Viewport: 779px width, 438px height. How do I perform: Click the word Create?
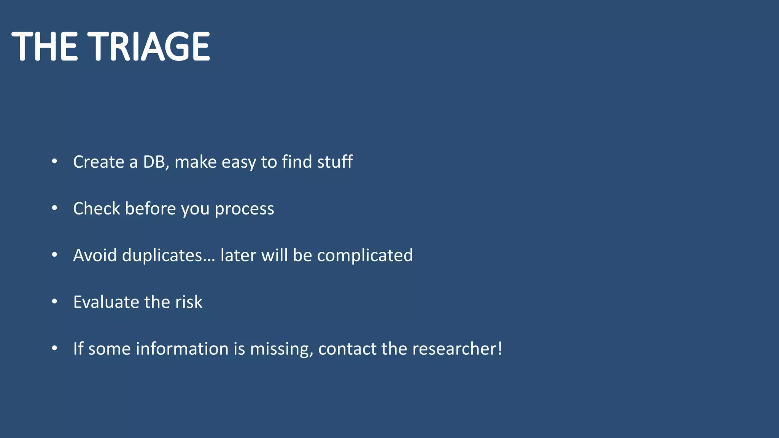99,162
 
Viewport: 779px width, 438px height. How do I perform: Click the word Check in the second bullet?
96,209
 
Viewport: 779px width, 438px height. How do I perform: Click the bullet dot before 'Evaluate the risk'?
54,302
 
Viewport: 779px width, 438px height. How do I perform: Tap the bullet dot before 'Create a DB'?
54,162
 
